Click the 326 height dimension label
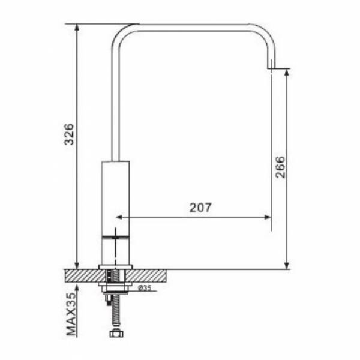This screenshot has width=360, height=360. [69, 134]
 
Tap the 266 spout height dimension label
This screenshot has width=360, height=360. [280, 167]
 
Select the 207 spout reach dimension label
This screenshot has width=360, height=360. [200, 208]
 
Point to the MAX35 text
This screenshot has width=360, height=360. [71, 314]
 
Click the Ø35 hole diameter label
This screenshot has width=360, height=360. [145, 287]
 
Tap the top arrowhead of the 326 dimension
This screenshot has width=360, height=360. [77, 28]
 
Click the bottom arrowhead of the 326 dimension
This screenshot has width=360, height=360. [77, 265]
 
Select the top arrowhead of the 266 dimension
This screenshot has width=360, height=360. [286, 72]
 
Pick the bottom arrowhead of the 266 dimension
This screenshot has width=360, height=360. [286, 265]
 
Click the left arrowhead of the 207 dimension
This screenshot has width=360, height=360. [119, 217]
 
